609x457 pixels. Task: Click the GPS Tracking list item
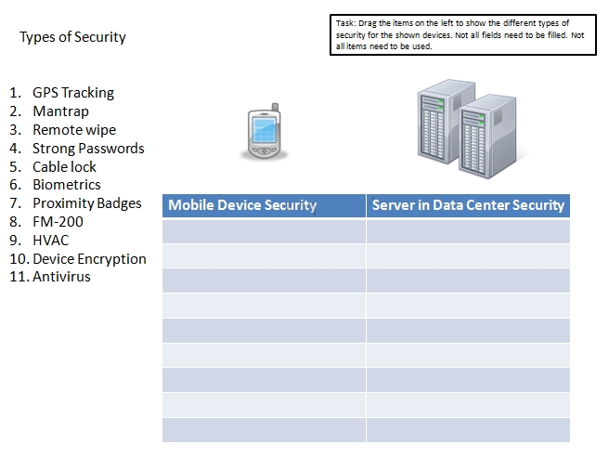(73, 93)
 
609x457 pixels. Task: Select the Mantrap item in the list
(60, 111)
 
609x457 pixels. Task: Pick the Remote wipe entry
(74, 130)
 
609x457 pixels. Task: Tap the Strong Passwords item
(88, 149)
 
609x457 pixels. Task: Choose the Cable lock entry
(64, 167)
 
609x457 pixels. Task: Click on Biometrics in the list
(67, 185)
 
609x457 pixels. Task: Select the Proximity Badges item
(87, 203)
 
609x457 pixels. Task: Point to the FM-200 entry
(58, 222)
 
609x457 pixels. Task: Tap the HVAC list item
(50, 241)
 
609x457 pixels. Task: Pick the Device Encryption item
(89, 259)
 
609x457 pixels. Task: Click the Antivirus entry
(61, 277)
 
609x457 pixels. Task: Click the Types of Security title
(72, 37)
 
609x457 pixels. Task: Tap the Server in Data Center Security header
(468, 205)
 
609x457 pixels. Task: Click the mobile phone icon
(264, 131)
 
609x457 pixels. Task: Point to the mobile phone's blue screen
(265, 130)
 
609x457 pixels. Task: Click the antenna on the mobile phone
(276, 108)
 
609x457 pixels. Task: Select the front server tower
(487, 137)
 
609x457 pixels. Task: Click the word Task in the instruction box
(345, 23)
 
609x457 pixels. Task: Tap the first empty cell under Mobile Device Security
(264, 231)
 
